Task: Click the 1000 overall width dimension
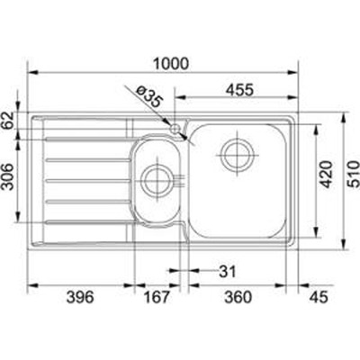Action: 171,64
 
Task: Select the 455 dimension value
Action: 239,89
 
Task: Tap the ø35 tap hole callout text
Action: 148,96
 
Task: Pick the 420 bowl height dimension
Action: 327,175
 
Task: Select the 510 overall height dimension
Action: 354,175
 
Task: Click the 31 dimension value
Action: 228,272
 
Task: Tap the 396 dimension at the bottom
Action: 80,297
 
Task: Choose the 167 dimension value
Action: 157,297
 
